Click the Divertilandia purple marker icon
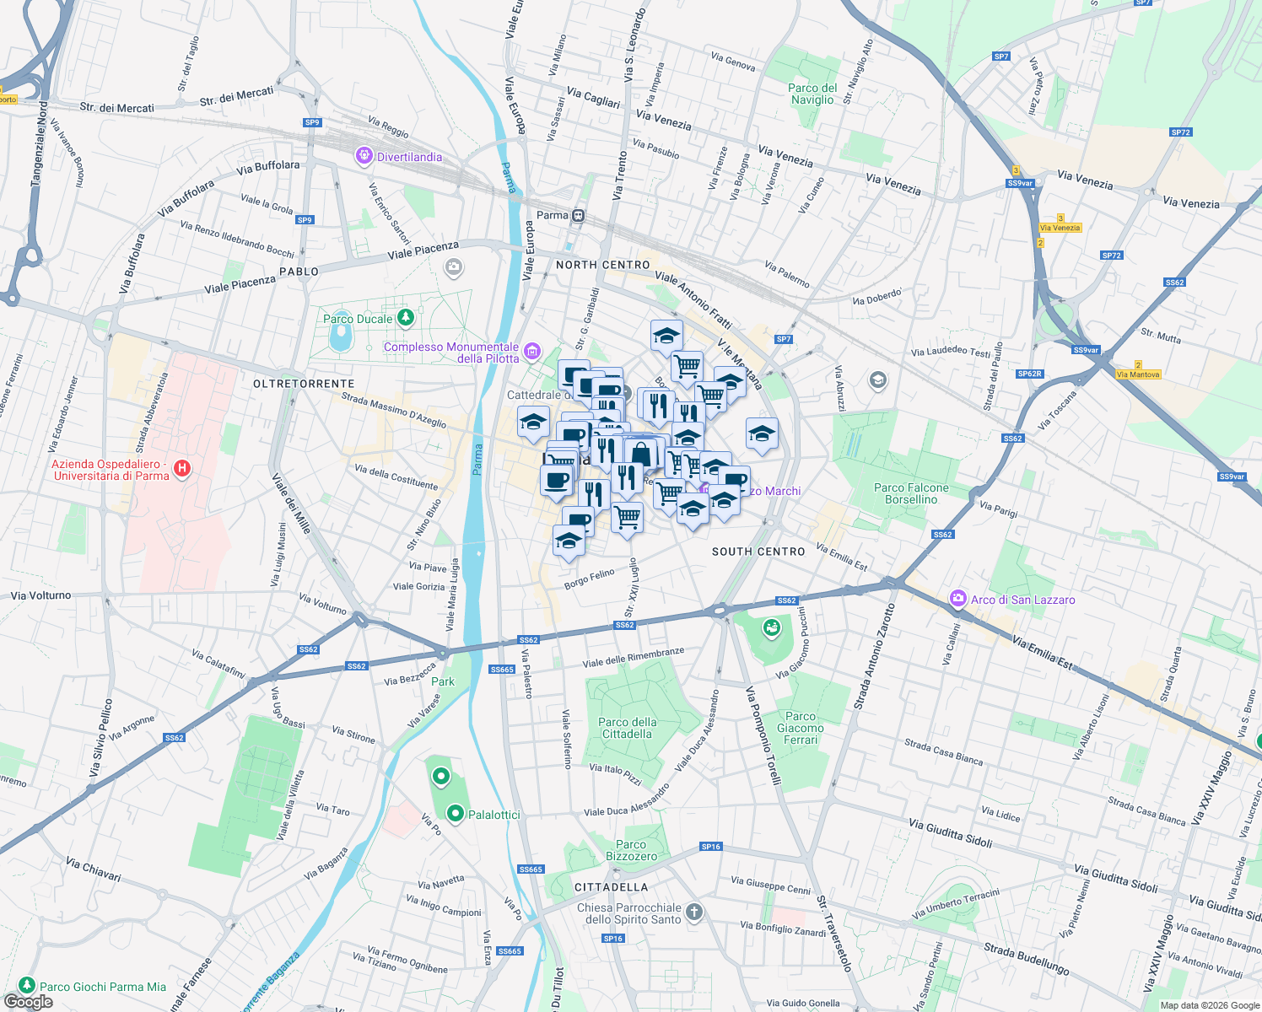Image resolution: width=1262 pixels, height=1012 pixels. click(x=364, y=155)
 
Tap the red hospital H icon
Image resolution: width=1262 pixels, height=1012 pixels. click(x=181, y=468)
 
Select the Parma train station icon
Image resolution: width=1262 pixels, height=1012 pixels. click(x=578, y=215)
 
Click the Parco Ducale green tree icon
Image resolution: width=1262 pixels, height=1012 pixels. click(x=406, y=317)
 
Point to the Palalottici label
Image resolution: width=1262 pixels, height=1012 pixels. click(x=493, y=815)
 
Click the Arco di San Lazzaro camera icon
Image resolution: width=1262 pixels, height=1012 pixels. click(x=957, y=599)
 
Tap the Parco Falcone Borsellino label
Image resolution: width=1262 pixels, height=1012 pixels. click(x=911, y=493)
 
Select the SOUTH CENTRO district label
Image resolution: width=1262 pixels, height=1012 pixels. click(x=758, y=552)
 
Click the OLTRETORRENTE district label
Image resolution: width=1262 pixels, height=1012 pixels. click(x=304, y=384)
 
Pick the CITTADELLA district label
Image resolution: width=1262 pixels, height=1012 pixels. click(x=611, y=887)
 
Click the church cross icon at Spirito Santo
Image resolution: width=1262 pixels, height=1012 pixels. click(x=693, y=912)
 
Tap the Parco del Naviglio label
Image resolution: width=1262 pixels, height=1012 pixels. click(x=812, y=94)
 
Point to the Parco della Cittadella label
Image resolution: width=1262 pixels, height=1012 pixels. click(x=627, y=728)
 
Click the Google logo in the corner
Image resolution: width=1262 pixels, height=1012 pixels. click(x=29, y=1001)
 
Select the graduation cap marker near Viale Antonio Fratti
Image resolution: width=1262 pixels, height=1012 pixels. click(x=666, y=335)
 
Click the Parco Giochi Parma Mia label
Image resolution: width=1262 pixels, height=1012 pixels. click(x=103, y=987)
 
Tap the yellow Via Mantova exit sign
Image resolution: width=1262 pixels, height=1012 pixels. click(x=1138, y=374)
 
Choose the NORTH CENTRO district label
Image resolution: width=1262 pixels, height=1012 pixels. click(x=602, y=265)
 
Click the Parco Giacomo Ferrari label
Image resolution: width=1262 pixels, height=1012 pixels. click(x=801, y=728)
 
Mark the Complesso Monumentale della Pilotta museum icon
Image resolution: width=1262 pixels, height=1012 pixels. click(x=531, y=350)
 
